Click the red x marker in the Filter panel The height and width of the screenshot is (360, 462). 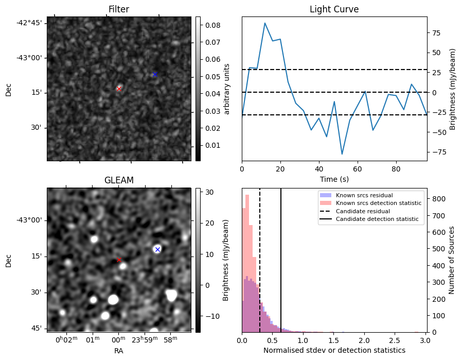click(x=119, y=89)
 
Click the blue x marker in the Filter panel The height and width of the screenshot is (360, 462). click(x=155, y=75)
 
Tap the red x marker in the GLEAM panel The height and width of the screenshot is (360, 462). click(x=119, y=260)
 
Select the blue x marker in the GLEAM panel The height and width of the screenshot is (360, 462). click(x=157, y=249)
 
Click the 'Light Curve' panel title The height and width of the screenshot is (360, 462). click(x=334, y=9)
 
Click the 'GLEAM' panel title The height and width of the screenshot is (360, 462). click(x=119, y=180)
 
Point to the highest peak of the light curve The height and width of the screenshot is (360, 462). click(x=264, y=23)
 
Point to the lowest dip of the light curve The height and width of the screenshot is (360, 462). click(x=342, y=154)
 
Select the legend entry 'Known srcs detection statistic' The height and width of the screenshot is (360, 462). click(x=378, y=203)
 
